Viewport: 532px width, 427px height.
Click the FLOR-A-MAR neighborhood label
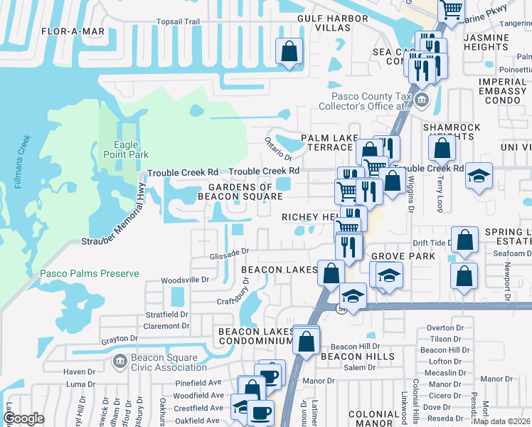(73, 31)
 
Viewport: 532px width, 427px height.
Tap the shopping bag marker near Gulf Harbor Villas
(289, 52)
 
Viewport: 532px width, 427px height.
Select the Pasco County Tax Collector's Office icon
(422, 98)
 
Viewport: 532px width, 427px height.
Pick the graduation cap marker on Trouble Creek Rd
(479, 176)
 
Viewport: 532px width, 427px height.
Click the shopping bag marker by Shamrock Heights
(442, 148)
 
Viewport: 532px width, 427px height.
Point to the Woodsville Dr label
(185, 280)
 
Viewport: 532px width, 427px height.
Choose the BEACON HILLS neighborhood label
(357, 356)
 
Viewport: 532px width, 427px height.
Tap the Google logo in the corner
(23, 418)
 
